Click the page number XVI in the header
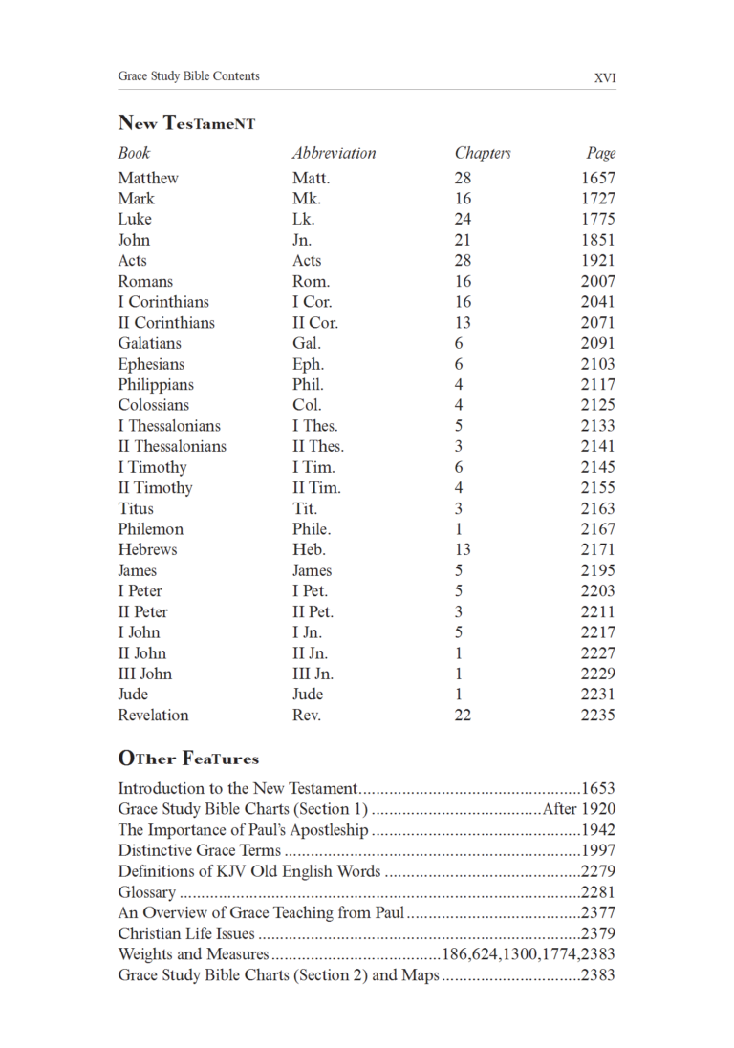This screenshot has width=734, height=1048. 604,77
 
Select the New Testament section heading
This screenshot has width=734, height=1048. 186,123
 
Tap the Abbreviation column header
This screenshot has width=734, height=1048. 334,153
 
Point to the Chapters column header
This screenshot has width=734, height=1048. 483,153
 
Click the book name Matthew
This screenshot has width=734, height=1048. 148,178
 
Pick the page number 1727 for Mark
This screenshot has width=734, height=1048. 598,199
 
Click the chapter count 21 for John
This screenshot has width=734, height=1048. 464,240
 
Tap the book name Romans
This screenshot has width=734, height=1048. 145,281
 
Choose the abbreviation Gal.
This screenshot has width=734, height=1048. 307,343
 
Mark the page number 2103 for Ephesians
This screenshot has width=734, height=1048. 598,364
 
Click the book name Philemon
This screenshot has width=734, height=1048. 151,529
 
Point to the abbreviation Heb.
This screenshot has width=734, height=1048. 309,550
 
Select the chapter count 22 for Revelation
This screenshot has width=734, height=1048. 464,716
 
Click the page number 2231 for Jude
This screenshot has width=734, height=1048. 598,695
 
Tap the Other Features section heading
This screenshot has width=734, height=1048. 188,759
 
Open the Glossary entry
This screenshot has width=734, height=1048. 147,892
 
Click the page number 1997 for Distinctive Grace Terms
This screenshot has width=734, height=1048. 598,850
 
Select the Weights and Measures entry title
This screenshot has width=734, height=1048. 193,954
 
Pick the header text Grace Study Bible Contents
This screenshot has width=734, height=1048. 188,76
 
